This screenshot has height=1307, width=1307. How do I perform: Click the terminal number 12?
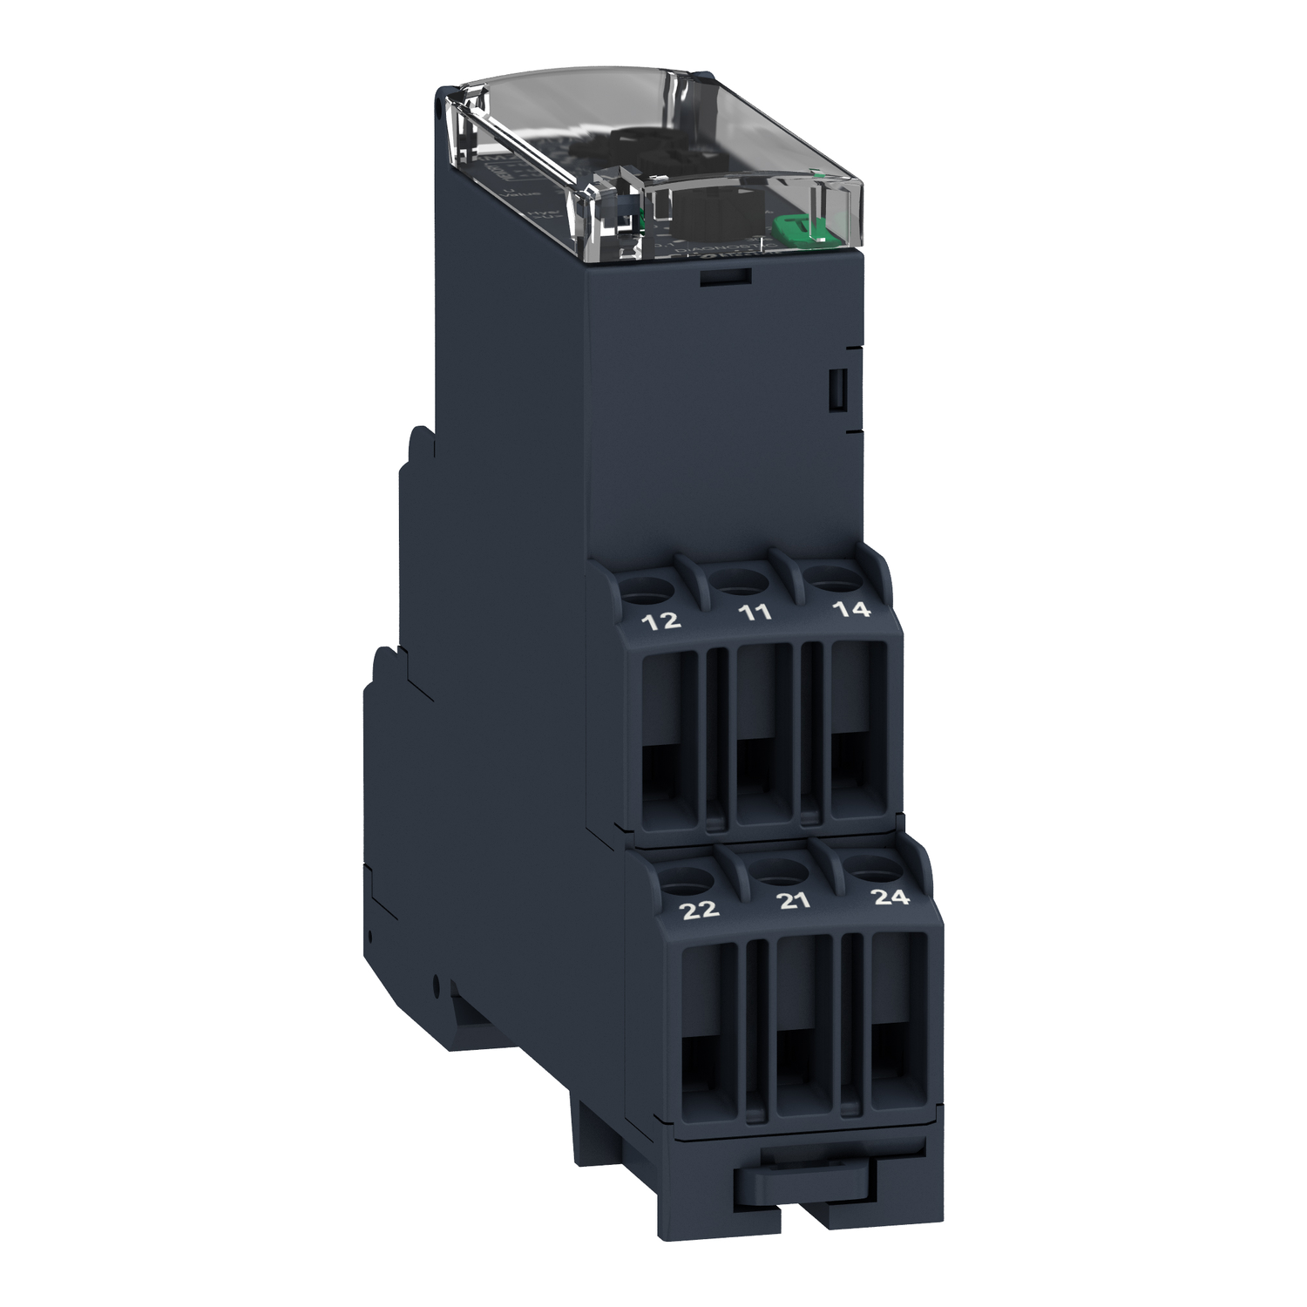pos(660,621)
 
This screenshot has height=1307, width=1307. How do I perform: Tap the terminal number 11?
pos(755,613)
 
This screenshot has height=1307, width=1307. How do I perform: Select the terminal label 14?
pos(851,609)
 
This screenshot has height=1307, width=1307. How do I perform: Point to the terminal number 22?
pos(700,910)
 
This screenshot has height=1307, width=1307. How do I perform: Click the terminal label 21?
pos(794,901)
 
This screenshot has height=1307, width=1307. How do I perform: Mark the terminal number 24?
pos(891,897)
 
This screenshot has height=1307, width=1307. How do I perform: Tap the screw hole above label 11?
pos(739,582)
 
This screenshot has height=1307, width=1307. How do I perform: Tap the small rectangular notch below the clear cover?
pos(726,277)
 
